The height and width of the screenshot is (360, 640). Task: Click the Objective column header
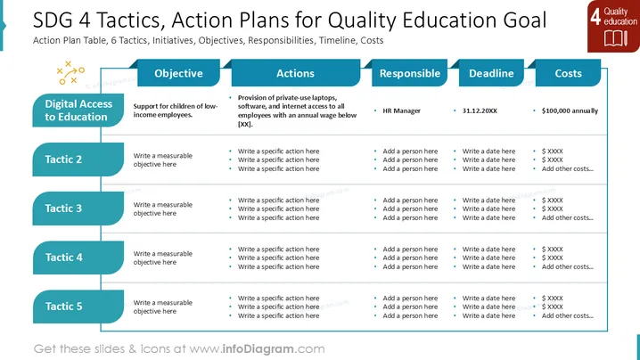178,73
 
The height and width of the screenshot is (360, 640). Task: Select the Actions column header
296,73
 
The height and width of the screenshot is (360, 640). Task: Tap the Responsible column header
409,73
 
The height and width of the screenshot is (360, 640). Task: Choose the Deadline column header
491,73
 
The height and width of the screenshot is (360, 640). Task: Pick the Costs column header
568,73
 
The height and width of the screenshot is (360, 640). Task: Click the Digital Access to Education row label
78,110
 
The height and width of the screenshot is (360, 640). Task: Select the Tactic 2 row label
78,160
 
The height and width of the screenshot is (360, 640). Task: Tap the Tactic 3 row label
78,209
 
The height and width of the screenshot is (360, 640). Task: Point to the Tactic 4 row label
78,258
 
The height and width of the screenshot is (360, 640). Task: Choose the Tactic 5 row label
78,307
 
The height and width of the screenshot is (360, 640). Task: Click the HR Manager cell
401,110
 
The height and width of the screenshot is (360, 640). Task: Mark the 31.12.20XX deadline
480,110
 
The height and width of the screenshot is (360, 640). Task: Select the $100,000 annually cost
570,110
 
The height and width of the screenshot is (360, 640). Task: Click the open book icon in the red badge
616,39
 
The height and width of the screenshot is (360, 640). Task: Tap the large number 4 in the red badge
595,16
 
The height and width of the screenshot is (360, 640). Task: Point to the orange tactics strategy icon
70,73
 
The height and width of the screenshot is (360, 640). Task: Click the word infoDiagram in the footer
258,349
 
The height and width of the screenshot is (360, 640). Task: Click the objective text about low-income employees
176,110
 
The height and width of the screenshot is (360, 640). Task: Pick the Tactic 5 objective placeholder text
163,307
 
